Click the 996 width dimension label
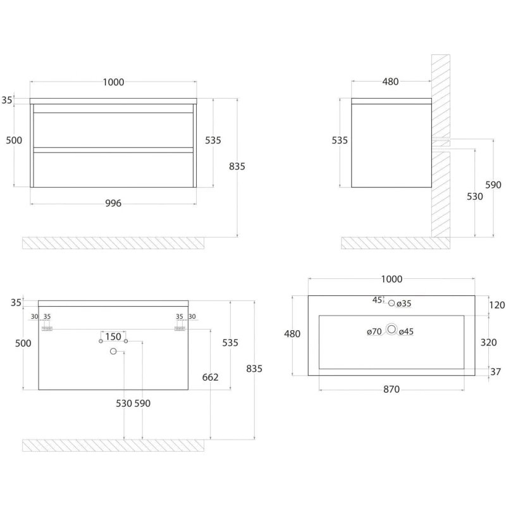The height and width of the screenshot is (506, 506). coord(113,203)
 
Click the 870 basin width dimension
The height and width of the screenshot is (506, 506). coord(392,390)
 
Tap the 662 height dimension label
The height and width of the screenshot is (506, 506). coord(211,377)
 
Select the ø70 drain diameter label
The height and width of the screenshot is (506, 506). coord(374,331)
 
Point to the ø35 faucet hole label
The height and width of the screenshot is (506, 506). coord(404,304)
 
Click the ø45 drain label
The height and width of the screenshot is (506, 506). coord(406,331)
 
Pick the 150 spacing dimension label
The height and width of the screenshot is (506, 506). coord(113,337)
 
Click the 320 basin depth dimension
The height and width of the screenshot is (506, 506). coord(488,342)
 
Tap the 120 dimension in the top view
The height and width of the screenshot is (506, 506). coord(497,305)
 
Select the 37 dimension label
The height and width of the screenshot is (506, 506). coord(496,372)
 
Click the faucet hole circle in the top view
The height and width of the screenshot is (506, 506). coord(392,304)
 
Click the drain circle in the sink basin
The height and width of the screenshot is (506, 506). coord(392,330)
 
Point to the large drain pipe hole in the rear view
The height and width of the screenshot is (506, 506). coord(113,351)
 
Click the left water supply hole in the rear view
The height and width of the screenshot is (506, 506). coord(101,341)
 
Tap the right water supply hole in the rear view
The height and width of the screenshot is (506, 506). coord(126,341)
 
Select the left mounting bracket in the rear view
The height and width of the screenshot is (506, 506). coord(47,328)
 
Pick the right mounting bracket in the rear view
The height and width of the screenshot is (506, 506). coord(180,328)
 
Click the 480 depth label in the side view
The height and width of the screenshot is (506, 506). coord(390,82)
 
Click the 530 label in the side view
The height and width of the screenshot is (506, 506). coord(475,197)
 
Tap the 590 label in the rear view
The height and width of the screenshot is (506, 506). coord(142,404)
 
